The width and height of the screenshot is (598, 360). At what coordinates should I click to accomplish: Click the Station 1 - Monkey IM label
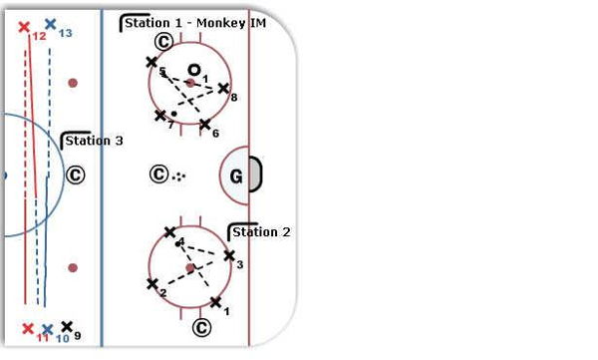pos(195,23)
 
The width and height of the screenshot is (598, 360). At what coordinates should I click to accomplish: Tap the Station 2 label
pos(261,232)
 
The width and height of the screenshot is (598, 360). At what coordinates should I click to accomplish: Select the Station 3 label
pos(94,141)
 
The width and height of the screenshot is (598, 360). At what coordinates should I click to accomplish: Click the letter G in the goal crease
pos(236,177)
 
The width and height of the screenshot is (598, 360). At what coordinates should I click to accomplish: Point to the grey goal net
pos(255,174)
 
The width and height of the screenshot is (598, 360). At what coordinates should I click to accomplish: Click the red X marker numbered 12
pos(24,27)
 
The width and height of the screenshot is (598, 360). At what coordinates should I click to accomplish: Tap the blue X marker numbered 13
pos(51,24)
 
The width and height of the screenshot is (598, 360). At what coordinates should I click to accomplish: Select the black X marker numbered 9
pos(67,326)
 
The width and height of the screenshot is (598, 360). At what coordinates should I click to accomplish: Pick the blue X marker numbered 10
pos(47,329)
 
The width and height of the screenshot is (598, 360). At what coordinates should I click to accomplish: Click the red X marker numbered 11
pos(28,329)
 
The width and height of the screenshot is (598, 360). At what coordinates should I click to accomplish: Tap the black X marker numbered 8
pos(223,89)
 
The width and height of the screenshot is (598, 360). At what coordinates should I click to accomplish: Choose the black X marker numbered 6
pos(204,124)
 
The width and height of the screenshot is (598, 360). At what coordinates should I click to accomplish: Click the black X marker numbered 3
pos(229,255)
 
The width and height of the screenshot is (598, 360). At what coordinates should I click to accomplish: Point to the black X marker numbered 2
pos(152,284)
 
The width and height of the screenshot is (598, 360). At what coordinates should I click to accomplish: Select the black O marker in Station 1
pos(194,70)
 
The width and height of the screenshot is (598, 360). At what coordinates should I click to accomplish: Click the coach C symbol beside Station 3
pos(75,176)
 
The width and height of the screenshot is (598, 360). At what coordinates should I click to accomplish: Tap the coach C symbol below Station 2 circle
pos(201,327)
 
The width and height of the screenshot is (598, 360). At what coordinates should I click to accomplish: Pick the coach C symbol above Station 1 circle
pos(164,42)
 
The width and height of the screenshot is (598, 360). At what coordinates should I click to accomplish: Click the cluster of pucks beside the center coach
pos(178,176)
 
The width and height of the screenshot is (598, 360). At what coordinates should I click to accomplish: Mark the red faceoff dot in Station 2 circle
pos(190,268)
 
